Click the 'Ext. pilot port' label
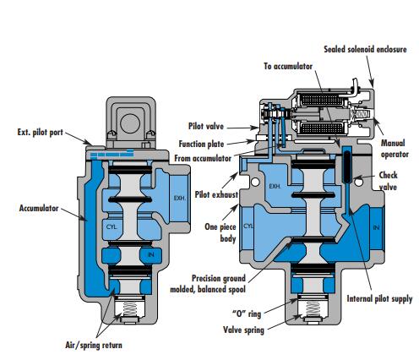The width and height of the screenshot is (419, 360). [x=41, y=133]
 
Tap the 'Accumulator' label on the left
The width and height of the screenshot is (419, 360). [x=39, y=208]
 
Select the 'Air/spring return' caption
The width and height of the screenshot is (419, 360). [x=94, y=346]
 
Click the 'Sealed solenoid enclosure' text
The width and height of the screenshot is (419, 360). [x=365, y=49]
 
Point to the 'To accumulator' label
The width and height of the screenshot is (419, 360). [x=288, y=66]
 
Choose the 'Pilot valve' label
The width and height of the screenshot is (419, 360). [x=206, y=126]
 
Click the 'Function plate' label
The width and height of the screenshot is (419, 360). [x=201, y=144]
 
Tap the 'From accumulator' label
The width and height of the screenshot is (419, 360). [x=203, y=158]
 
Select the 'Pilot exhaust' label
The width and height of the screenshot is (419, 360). [x=216, y=194]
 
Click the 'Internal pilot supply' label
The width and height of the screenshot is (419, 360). [x=379, y=299]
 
